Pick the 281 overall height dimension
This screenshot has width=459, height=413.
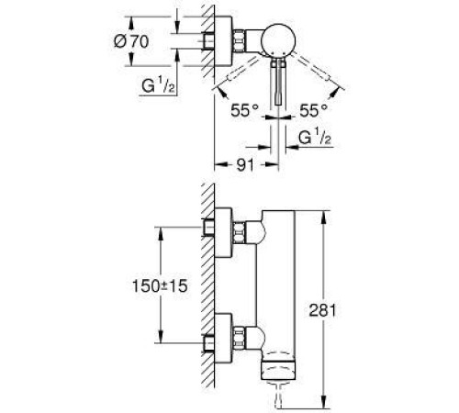(341, 310)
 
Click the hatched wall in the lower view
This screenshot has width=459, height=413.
(207, 294)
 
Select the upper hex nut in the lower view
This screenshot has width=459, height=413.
(241, 231)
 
